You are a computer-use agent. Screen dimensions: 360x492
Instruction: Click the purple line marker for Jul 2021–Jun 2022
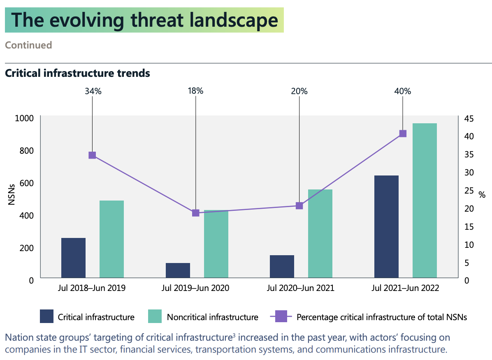(x=403, y=134)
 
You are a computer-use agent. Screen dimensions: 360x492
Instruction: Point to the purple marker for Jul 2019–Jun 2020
(x=196, y=213)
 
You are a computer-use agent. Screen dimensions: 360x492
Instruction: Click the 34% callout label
(x=93, y=91)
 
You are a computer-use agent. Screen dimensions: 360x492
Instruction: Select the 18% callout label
(x=195, y=91)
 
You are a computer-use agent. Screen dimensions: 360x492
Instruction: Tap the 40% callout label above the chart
(x=403, y=91)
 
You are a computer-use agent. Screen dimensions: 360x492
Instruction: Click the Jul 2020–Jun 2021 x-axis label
(x=300, y=288)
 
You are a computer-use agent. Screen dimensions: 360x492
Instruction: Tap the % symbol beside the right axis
(x=482, y=194)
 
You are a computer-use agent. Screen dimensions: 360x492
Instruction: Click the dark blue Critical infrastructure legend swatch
(x=46, y=317)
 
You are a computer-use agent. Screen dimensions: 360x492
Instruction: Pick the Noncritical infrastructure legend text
(x=212, y=317)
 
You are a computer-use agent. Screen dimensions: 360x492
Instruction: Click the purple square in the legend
(x=281, y=317)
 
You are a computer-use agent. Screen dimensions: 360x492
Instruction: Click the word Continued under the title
(x=28, y=45)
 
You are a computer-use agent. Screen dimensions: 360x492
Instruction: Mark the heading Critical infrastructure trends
(x=77, y=74)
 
